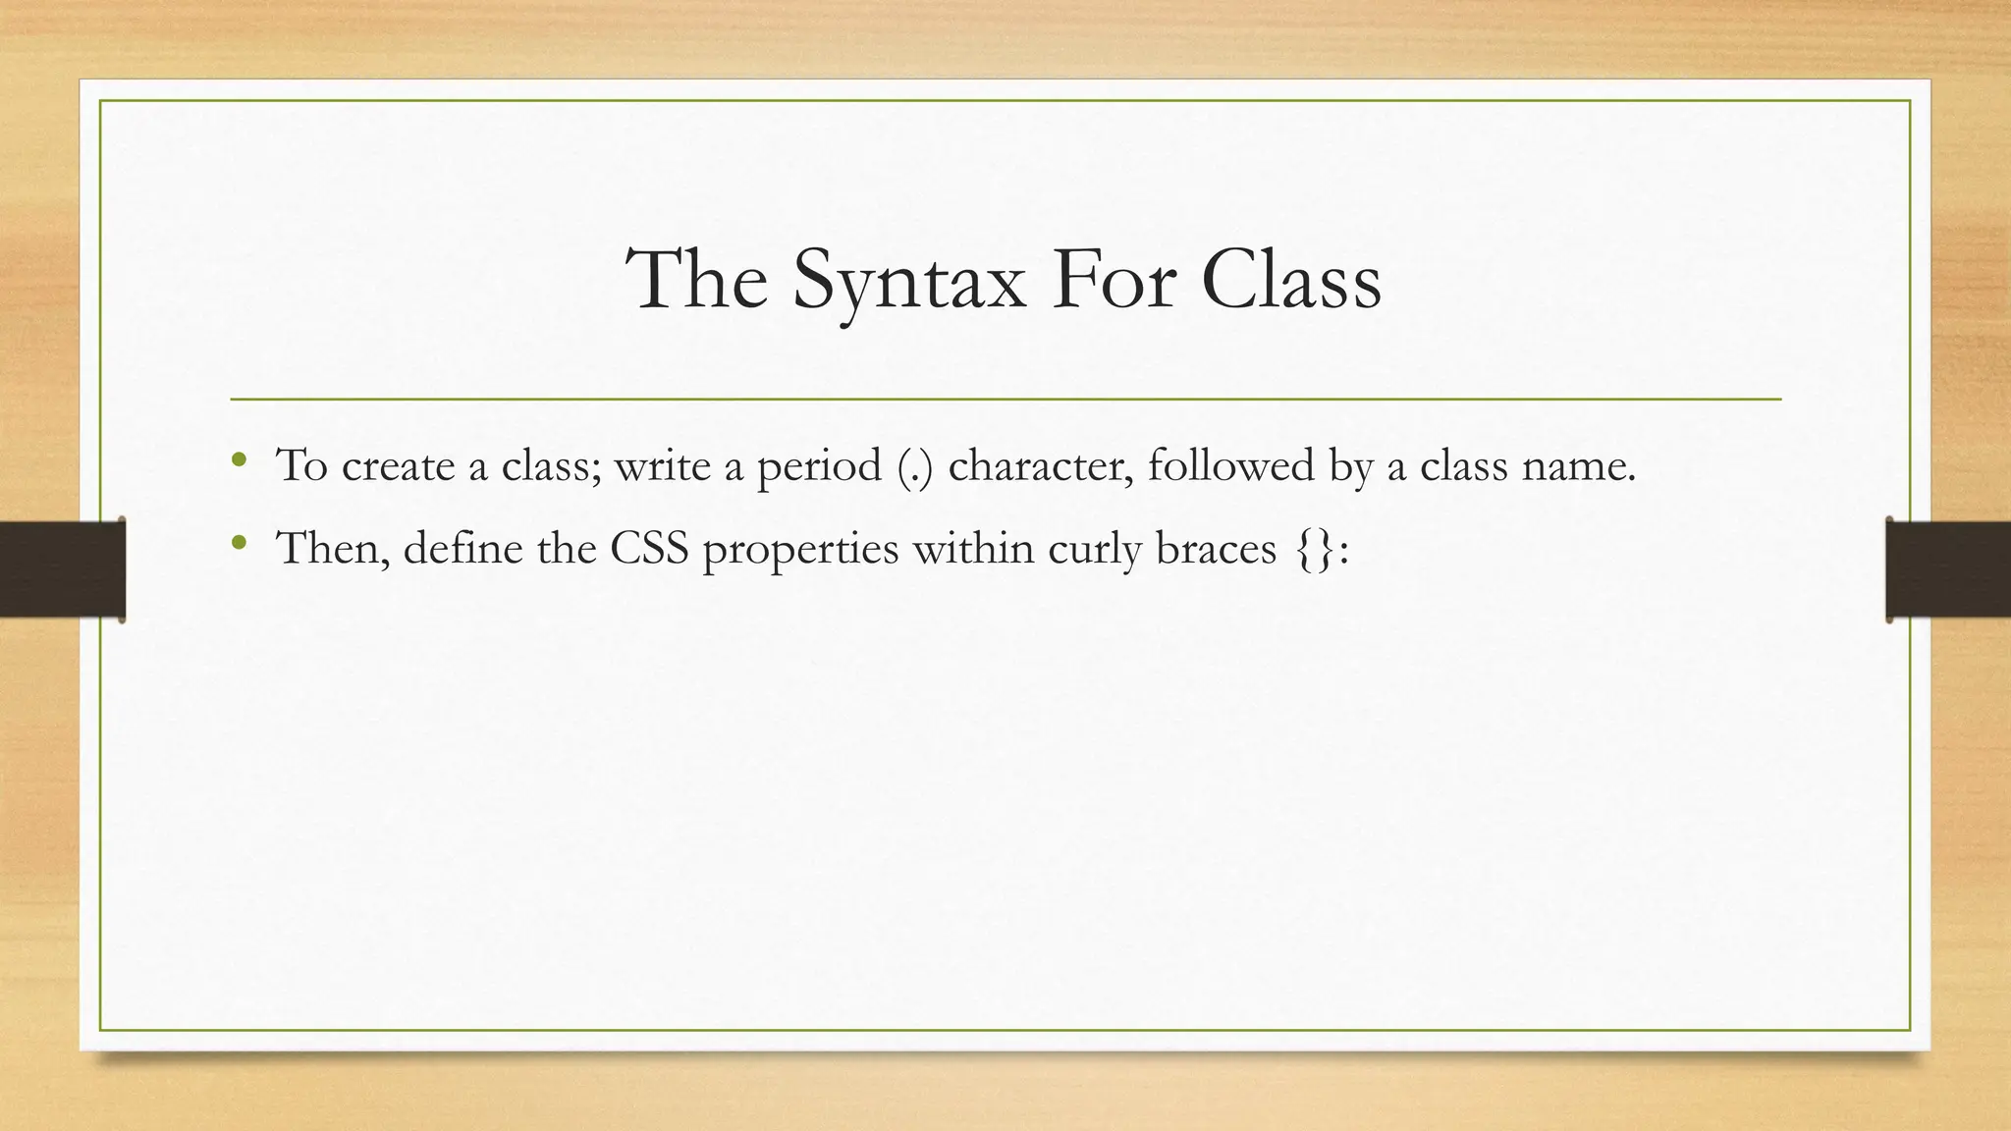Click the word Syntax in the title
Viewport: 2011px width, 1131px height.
[x=909, y=281]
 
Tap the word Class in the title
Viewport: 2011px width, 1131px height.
[x=1290, y=281]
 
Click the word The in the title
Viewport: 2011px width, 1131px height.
[x=696, y=281]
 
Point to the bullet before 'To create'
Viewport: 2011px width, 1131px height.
[x=239, y=459]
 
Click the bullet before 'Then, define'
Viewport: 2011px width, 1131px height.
[x=239, y=542]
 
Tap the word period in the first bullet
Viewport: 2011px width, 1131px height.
[x=819, y=466]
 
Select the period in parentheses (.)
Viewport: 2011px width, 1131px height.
[x=915, y=466]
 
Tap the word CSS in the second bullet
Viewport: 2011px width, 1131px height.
[x=649, y=549]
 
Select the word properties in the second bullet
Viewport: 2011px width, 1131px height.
[x=800, y=549]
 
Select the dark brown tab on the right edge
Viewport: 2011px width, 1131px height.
[x=1948, y=569]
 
